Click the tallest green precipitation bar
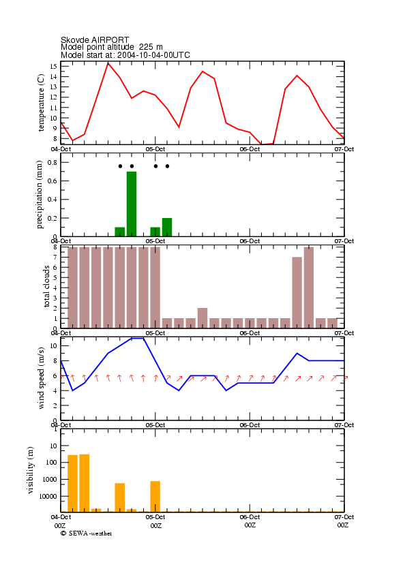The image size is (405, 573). pyautogui.click(x=132, y=204)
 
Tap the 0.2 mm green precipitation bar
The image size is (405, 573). pyautogui.click(x=167, y=228)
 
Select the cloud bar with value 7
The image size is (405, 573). pyautogui.click(x=297, y=292)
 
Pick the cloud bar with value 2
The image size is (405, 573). pyautogui.click(x=202, y=318)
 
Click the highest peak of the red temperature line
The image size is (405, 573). pyautogui.click(x=108, y=63)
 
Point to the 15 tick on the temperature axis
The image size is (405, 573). pyautogui.click(x=53, y=67)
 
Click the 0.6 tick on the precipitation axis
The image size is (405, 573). pyautogui.click(x=52, y=181)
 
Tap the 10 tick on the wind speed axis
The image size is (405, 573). pyautogui.click(x=53, y=345)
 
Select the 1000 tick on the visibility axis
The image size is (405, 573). pyautogui.click(x=50, y=480)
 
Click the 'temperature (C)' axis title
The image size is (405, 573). pyautogui.click(x=41, y=103)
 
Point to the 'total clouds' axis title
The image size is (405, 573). pyautogui.click(x=46, y=286)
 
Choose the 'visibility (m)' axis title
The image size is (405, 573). pyautogui.click(x=31, y=470)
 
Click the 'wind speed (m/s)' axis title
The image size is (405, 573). pyautogui.click(x=41, y=378)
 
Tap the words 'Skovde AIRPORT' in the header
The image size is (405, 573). pyautogui.click(x=95, y=40)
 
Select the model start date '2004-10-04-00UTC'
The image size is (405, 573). pyautogui.click(x=153, y=55)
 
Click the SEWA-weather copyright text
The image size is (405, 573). pyautogui.click(x=87, y=533)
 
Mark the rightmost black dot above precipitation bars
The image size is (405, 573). pyautogui.click(x=167, y=166)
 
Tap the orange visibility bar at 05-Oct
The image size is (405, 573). pyautogui.click(x=155, y=497)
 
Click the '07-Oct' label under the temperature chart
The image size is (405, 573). pyautogui.click(x=344, y=149)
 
